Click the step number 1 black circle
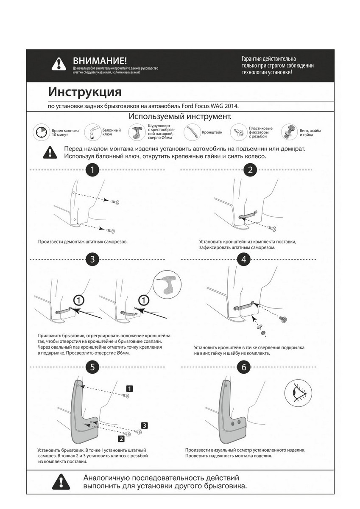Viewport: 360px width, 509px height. pyautogui.click(x=92, y=171)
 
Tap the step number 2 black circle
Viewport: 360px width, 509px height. pyautogui.click(x=250, y=171)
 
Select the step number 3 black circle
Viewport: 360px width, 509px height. pyautogui.click(x=92, y=260)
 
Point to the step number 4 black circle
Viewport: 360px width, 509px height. pyautogui.click(x=243, y=260)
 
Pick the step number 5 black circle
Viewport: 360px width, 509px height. pyautogui.click(x=92, y=367)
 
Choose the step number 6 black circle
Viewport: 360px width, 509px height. pyautogui.click(x=243, y=367)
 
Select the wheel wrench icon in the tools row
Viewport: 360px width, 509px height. pyautogui.click(x=92, y=132)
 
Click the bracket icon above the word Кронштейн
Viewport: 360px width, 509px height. pyautogui.click(x=191, y=132)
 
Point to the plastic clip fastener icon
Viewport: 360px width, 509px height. pyautogui.click(x=238, y=132)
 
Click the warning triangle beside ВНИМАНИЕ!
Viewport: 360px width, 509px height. pyautogui.click(x=58, y=65)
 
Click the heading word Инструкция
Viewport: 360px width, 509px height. pyautogui.click(x=85, y=92)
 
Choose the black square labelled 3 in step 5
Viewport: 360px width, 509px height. pyautogui.click(x=144, y=425)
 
